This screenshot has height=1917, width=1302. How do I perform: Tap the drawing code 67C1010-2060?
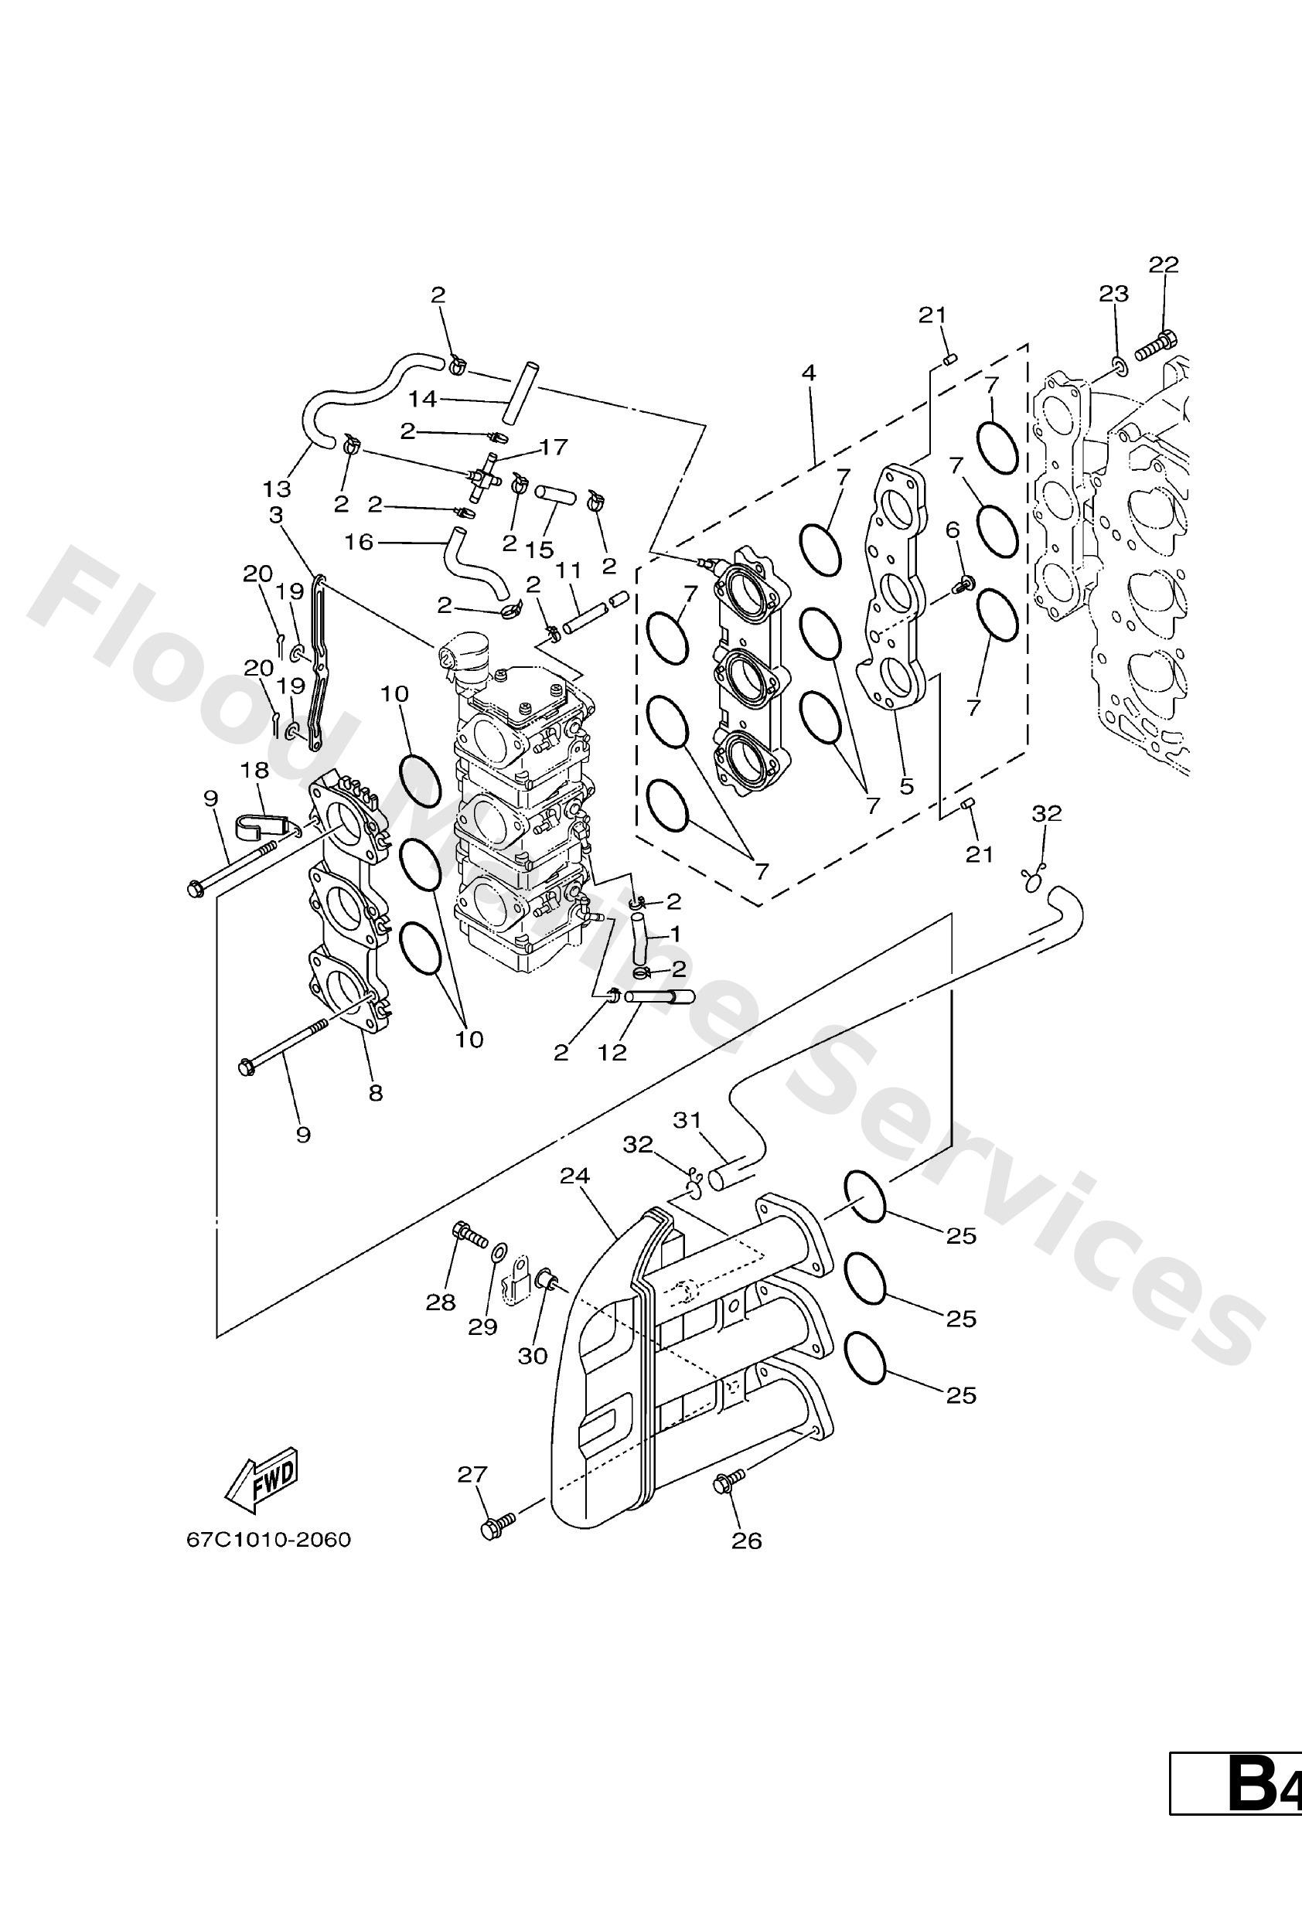268,1539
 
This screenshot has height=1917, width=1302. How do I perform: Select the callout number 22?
1164,265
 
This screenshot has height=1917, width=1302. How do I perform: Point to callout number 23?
1113,294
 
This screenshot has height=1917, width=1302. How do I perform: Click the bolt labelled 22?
1154,346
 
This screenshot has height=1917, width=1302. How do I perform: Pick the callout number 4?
809,373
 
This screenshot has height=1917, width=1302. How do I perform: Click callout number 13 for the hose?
278,489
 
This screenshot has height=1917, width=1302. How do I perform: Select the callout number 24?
575,1176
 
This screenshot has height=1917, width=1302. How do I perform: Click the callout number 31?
687,1120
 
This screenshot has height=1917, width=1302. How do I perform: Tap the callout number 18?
255,770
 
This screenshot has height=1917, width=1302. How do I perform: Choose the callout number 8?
376,1093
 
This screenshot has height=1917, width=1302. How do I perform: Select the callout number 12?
613,1052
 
